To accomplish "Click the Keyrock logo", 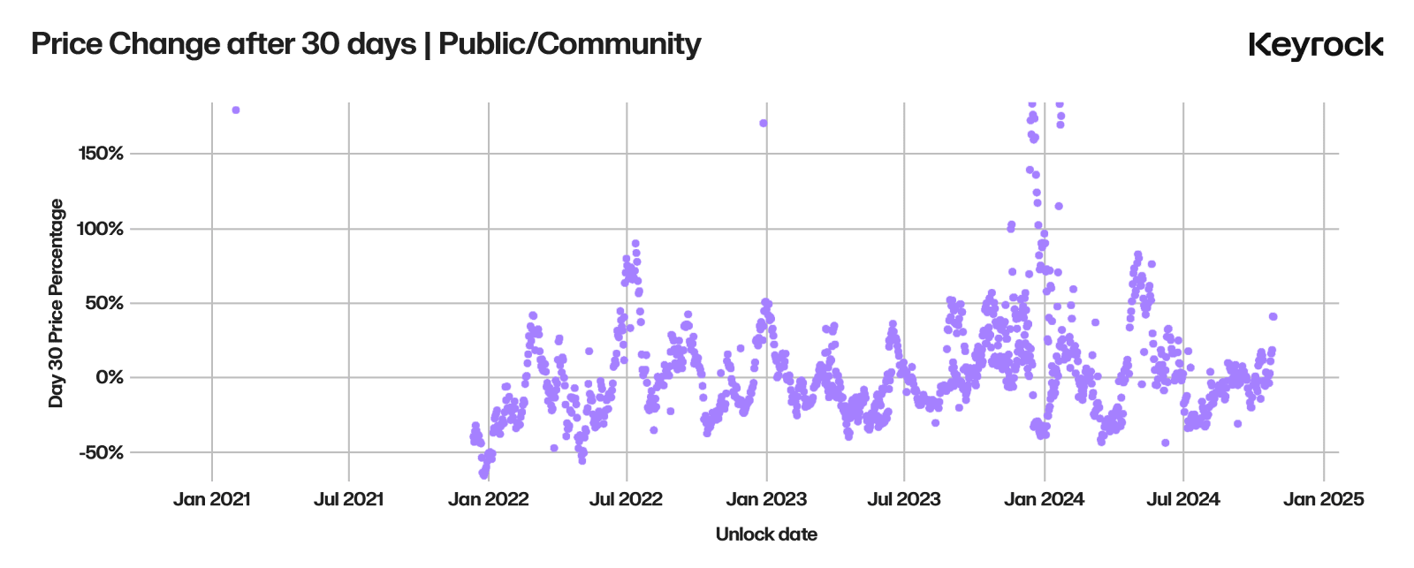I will pos(1315,45).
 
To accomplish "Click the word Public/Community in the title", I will pos(570,44).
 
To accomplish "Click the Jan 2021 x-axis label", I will pos(211,499).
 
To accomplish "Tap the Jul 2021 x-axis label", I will pos(348,499).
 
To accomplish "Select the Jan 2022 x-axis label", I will pos(488,499).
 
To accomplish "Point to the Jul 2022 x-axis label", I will pos(627,499).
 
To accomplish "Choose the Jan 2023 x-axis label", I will pos(766,499).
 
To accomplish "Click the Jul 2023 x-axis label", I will pos(904,499).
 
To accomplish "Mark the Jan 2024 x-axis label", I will pos(1045,499).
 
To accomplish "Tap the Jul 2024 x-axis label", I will pos(1182,499).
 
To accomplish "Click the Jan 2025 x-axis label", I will pos(1323,499).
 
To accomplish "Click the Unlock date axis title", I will pos(766,534).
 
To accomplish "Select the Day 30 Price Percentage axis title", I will pos(57,303).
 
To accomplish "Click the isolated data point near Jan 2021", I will pos(236,110).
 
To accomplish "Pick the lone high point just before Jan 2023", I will pos(763,123).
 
